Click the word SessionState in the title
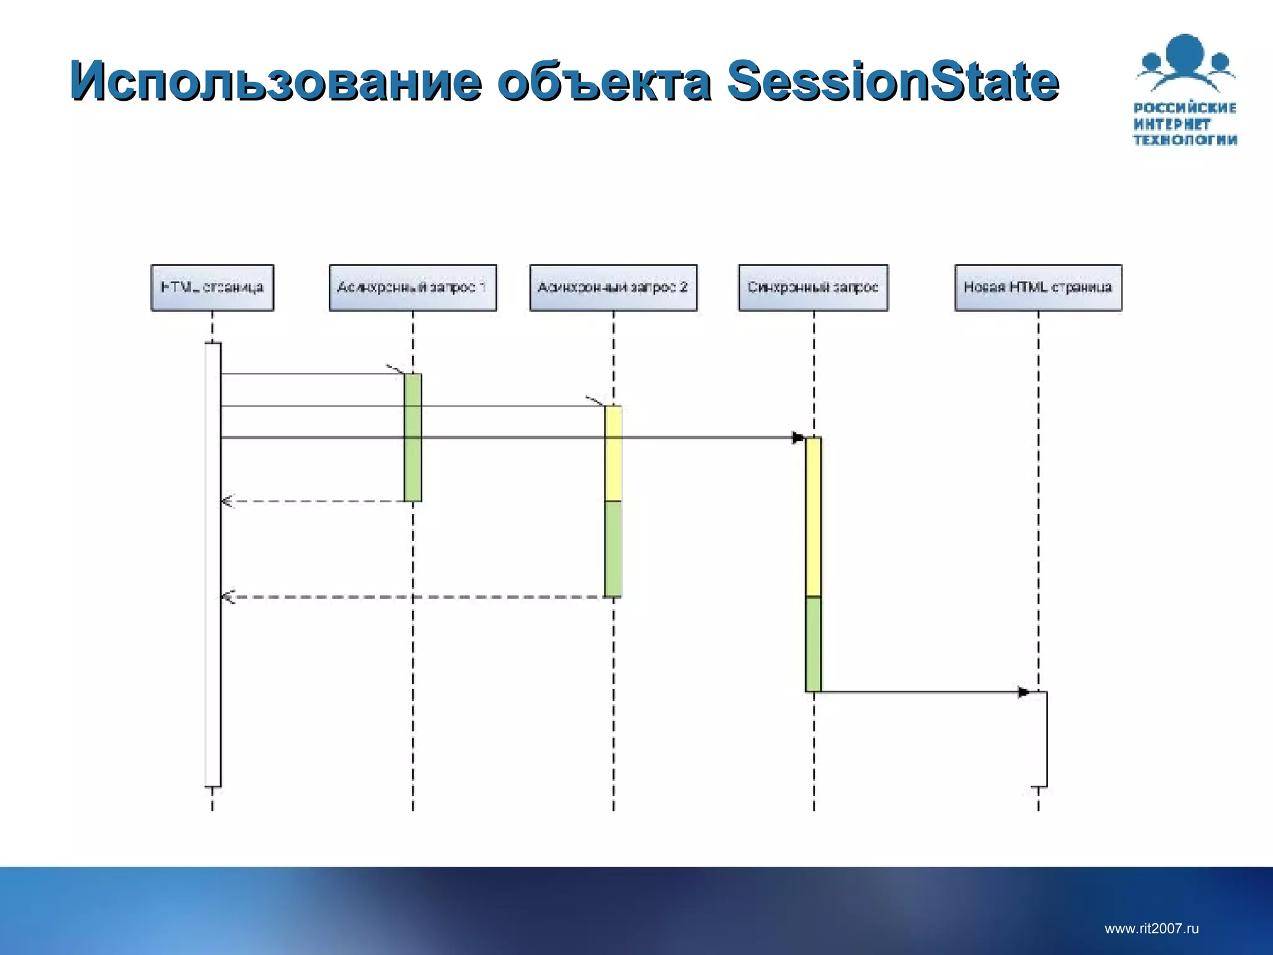tap(893, 81)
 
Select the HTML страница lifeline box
tap(212, 287)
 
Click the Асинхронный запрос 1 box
tap(413, 287)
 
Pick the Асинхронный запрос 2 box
tap(613, 287)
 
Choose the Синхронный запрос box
tap(813, 287)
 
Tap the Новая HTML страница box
tap(1038, 287)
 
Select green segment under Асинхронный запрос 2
tap(613, 548)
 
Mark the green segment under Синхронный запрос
tap(813, 644)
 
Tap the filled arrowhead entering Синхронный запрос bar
tap(798, 438)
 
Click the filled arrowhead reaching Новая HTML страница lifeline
tap(1023, 692)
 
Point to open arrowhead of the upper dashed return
tap(227, 501)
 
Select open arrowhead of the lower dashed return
tap(227, 597)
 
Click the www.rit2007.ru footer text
tap(1151, 928)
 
